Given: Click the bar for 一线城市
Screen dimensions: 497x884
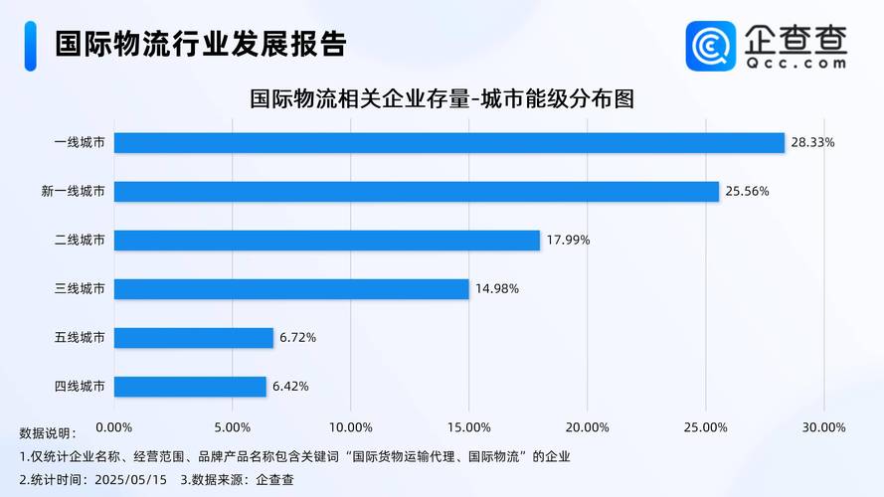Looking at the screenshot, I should [x=449, y=142].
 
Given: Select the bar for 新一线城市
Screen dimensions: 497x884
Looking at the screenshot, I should [x=416, y=191].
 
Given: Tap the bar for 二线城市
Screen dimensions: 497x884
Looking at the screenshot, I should [x=326, y=240].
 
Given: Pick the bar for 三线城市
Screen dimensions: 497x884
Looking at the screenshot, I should [x=291, y=289].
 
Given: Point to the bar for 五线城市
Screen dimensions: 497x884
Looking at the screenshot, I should [x=194, y=338].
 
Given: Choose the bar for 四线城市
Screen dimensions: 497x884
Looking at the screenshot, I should [x=190, y=387].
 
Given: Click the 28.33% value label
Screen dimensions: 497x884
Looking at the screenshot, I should [x=812, y=142].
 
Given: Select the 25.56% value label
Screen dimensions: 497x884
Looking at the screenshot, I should [x=747, y=191].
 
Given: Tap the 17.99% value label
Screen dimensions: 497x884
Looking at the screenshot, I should [x=568, y=240].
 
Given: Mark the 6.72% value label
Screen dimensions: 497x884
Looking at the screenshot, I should [x=297, y=338].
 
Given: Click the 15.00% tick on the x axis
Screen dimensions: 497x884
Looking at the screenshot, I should [x=468, y=427].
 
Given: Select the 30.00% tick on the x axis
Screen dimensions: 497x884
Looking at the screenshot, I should [x=823, y=427].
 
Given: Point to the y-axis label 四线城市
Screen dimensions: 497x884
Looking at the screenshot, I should [x=80, y=387].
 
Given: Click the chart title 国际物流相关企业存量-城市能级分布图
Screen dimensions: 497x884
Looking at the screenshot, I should [x=442, y=99].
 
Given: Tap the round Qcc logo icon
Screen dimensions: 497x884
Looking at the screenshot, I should [x=711, y=46].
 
